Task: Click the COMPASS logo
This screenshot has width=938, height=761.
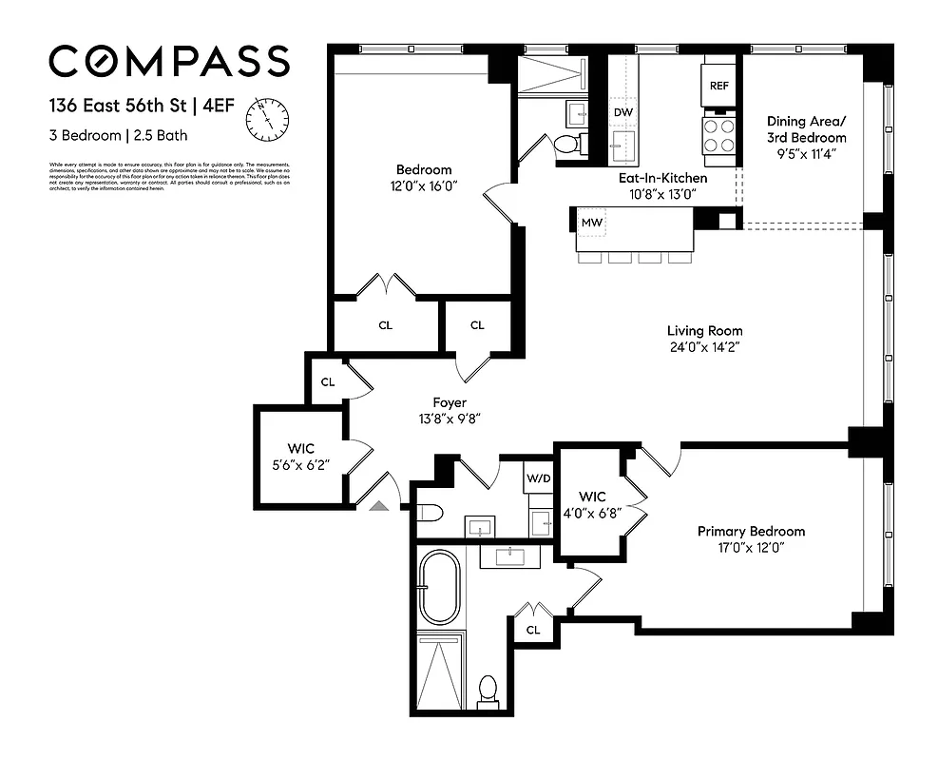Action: pyautogui.click(x=168, y=62)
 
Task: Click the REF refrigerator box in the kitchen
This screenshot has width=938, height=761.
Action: pyautogui.click(x=718, y=86)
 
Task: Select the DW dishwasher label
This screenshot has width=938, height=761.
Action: pyautogui.click(x=622, y=112)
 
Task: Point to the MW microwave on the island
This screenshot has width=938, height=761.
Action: pyautogui.click(x=591, y=223)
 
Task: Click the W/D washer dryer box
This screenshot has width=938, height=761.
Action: pyautogui.click(x=537, y=478)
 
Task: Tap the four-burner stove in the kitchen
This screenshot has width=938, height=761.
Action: pyautogui.click(x=718, y=134)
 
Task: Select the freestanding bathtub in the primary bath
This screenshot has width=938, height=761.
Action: pyautogui.click(x=440, y=589)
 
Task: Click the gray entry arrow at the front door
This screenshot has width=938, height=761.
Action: pyautogui.click(x=379, y=507)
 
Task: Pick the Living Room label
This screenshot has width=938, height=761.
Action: pyautogui.click(x=704, y=331)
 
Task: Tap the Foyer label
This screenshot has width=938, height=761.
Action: pyautogui.click(x=450, y=402)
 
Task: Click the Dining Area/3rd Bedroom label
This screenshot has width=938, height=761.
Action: pyautogui.click(x=805, y=129)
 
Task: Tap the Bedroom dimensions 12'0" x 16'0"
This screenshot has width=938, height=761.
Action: pyautogui.click(x=424, y=186)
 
